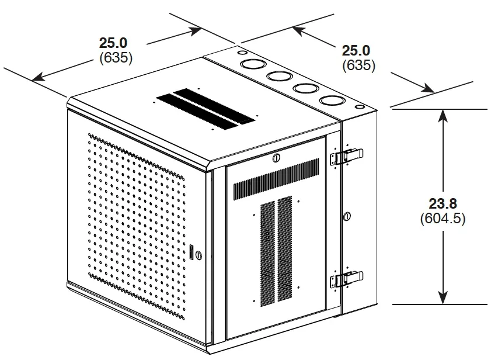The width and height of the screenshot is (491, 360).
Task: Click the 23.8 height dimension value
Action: click(x=443, y=203)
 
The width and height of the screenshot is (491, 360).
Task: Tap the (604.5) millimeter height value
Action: click(x=443, y=219)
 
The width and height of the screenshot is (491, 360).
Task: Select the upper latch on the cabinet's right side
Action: click(x=347, y=156)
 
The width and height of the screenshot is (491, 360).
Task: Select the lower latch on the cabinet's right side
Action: click(x=347, y=279)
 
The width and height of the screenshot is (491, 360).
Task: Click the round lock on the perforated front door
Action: click(x=199, y=255)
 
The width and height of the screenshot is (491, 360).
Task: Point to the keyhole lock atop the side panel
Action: click(x=276, y=158)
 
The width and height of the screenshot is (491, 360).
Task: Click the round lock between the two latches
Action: click(x=347, y=216)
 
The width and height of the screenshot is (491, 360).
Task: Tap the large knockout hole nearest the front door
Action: click(x=253, y=64)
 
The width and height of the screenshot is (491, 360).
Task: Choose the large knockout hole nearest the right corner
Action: click(x=332, y=101)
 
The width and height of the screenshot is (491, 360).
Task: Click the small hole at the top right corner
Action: click(x=360, y=107)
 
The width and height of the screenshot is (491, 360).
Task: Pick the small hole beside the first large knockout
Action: click(x=242, y=53)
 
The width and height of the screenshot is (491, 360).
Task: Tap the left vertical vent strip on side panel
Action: click(x=268, y=254)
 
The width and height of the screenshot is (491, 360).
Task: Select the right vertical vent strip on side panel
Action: click(x=285, y=249)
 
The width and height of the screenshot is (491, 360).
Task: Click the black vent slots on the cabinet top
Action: click(x=206, y=109)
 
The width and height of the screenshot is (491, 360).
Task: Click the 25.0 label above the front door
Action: click(x=113, y=43)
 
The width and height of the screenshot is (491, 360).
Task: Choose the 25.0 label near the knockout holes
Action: click(x=356, y=50)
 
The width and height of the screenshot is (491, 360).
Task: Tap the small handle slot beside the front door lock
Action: click(x=191, y=251)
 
